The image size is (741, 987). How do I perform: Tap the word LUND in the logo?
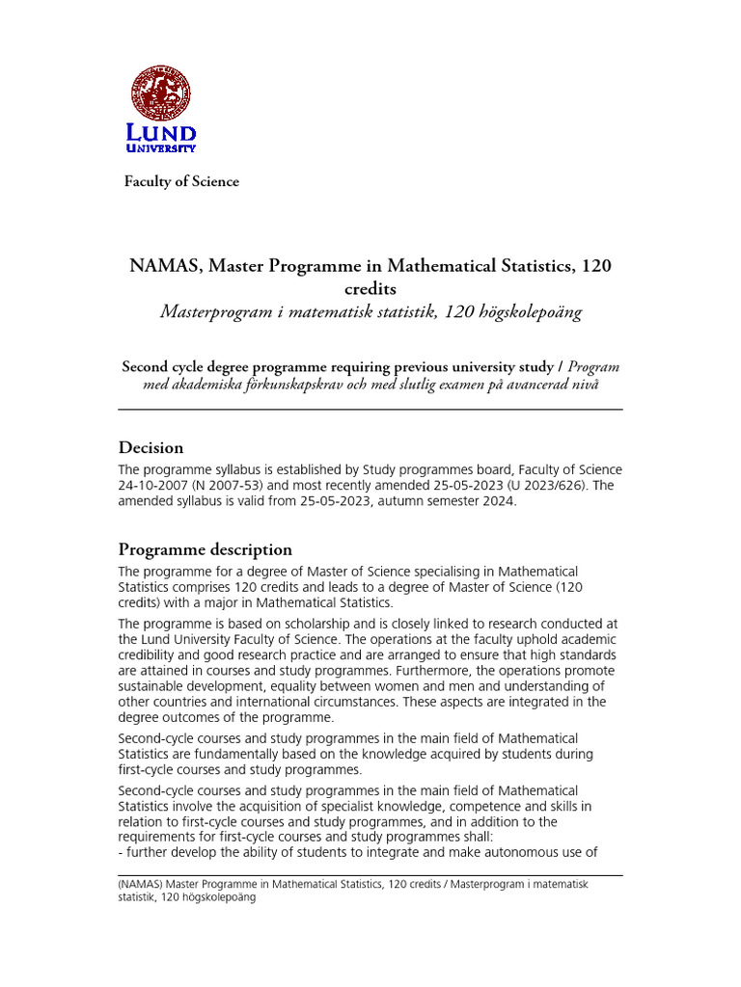[x=161, y=134]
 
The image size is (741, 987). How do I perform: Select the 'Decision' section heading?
[x=151, y=447]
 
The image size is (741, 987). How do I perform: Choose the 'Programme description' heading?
[x=205, y=549]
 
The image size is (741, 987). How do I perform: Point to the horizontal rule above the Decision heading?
[x=370, y=410]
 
